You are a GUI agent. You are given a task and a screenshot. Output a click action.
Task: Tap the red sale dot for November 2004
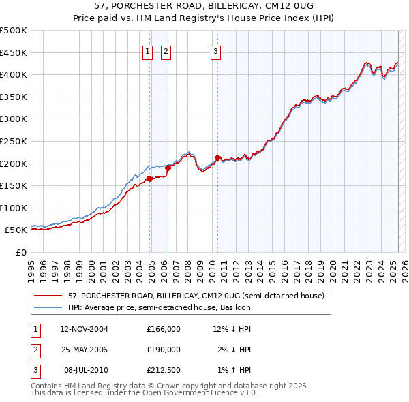(x=149, y=179)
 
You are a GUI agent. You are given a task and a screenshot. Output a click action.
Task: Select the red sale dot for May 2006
(x=168, y=168)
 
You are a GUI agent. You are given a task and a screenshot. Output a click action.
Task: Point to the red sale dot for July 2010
(x=217, y=158)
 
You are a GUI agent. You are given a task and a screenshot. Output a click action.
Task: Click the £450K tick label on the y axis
(x=14, y=52)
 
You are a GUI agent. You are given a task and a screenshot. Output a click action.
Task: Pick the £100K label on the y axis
(x=14, y=208)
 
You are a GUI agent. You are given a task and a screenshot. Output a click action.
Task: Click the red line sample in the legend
(x=47, y=296)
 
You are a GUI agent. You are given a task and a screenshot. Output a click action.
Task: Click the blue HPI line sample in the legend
(x=47, y=307)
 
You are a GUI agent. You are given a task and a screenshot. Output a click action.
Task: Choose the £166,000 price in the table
(x=163, y=329)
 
